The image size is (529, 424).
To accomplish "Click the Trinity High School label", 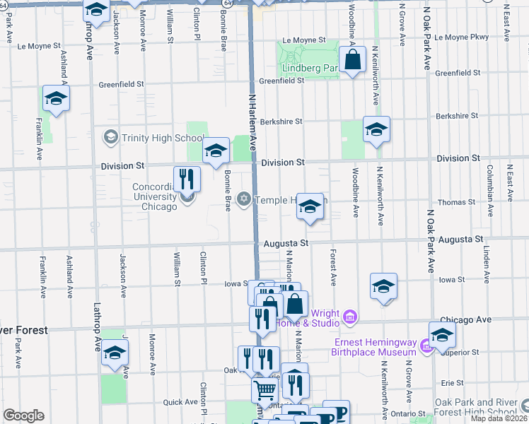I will (x=153, y=137).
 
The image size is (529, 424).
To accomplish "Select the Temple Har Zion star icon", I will (x=245, y=200).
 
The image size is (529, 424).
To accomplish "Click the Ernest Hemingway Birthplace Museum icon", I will (x=424, y=346).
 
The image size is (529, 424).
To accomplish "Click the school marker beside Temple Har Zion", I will (x=309, y=207).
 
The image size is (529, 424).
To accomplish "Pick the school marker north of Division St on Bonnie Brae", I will (x=216, y=150).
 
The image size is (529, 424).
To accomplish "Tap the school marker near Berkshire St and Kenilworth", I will (x=376, y=129).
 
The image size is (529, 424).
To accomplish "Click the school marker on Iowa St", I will (x=383, y=286).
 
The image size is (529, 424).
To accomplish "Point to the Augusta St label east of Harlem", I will (x=287, y=243).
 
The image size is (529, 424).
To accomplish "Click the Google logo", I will (x=23, y=416).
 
